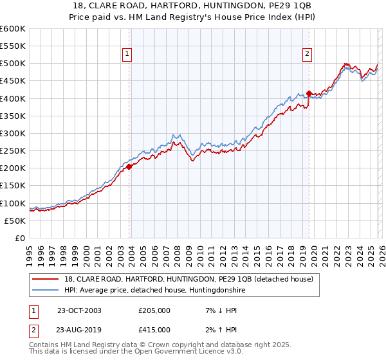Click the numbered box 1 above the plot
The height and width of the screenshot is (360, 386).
[127, 54]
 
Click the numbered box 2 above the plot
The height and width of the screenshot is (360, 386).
[308, 54]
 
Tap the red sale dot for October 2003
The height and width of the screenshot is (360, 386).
[129, 166]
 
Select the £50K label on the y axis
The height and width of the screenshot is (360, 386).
[15, 221]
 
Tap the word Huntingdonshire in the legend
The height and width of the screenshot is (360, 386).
[215, 291]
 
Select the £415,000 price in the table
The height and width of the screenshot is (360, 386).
[154, 329]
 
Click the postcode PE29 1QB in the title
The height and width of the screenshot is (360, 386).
[257, 6]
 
